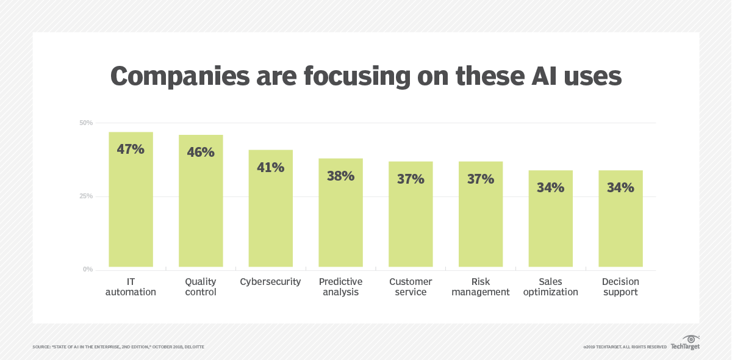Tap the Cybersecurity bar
(270, 214)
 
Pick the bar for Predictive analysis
(340, 220)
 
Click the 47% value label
(131, 149)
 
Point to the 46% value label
(201, 152)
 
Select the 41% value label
(270, 167)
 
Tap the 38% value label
(340, 176)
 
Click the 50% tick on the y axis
(86, 123)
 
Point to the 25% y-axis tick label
(86, 196)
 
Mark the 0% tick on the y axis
(88, 269)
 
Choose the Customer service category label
(411, 287)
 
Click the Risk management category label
(481, 287)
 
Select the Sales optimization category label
(550, 287)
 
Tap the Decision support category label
(620, 287)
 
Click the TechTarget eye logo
(691, 339)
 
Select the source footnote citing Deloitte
(118, 347)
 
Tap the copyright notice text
(625, 347)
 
